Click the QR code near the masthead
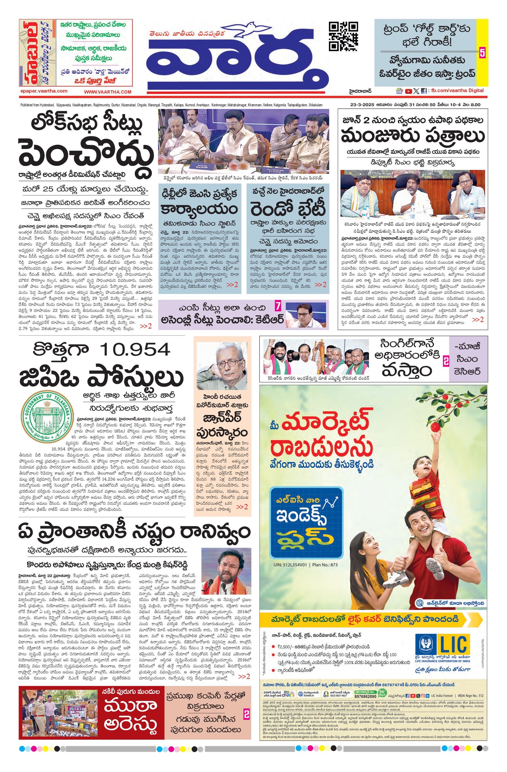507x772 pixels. [343, 36]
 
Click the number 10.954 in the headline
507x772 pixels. [135, 350]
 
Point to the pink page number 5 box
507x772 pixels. [482, 53]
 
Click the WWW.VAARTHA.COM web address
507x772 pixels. [108, 92]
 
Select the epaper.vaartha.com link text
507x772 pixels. [44, 92]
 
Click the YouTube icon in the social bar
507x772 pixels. [408, 91]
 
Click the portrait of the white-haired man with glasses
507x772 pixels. [222, 365]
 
